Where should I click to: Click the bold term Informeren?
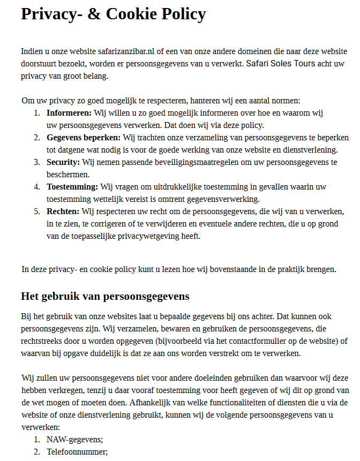pos(69,113)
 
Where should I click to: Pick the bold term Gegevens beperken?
pos(84,138)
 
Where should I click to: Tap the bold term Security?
pos(63,162)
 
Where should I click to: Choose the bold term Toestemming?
pos(72,186)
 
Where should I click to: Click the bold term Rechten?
pos(63,211)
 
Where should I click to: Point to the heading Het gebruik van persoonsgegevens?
pos(105,296)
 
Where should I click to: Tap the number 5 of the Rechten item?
pos(37,211)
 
